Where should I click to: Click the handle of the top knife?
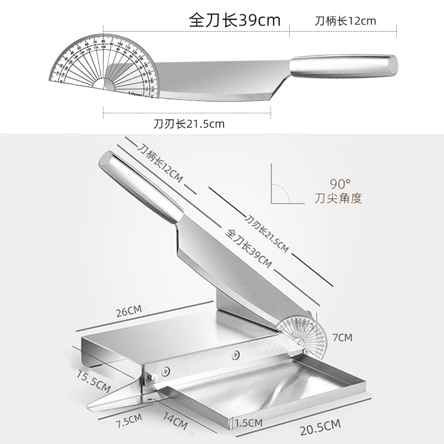coord(344,65)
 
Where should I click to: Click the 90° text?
coord(339,184)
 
